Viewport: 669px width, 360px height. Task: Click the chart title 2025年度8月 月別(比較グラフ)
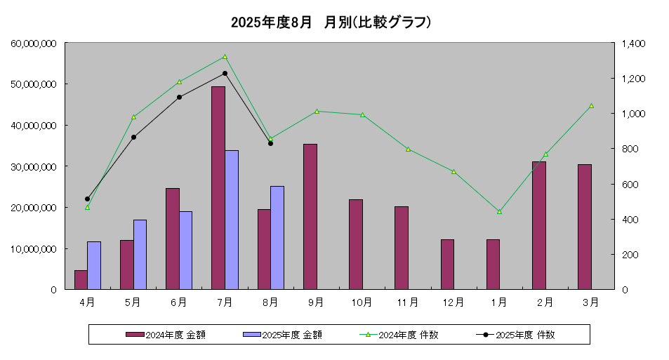point(331,22)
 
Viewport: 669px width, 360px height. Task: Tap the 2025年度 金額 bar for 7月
point(232,220)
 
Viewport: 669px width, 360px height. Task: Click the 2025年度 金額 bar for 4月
point(94,265)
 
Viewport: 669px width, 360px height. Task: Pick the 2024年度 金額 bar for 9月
point(310,216)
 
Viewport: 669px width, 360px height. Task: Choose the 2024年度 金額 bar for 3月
point(585,227)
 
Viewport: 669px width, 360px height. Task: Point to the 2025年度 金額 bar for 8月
point(277,237)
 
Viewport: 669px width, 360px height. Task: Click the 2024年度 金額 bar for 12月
point(447,264)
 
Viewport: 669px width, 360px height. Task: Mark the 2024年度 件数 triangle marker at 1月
point(499,211)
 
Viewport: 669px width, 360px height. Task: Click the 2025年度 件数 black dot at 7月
point(225,73)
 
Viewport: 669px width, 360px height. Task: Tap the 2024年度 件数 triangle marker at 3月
point(591,105)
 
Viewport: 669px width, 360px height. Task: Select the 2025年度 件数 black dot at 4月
point(87,199)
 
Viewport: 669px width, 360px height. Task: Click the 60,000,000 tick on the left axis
point(34,44)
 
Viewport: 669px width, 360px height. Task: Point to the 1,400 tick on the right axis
point(632,44)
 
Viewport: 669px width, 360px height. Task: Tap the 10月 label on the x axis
point(362,302)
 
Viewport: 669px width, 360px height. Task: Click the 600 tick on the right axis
point(629,184)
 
